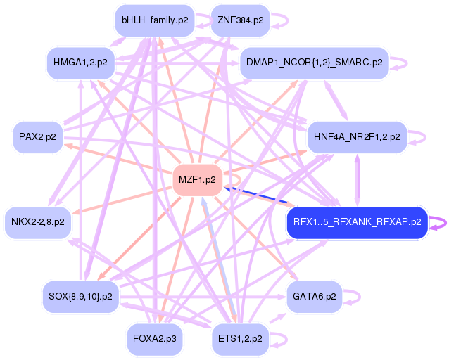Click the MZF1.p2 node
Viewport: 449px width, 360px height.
pos(198,179)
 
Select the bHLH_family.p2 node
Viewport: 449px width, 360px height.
pos(155,20)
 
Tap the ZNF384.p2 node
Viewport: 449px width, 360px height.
pos(241,20)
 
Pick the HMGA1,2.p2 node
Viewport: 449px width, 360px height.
pos(80,63)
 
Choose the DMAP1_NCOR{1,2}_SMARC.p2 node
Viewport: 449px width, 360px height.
pos(314,63)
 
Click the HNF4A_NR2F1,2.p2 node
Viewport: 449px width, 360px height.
pos(357,136)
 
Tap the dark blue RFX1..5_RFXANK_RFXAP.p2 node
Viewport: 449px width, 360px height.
pos(357,222)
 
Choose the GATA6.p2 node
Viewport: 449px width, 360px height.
pos(314,296)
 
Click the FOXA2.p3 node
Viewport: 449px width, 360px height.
pos(154,338)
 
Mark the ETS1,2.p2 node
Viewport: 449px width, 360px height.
pos(240,338)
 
